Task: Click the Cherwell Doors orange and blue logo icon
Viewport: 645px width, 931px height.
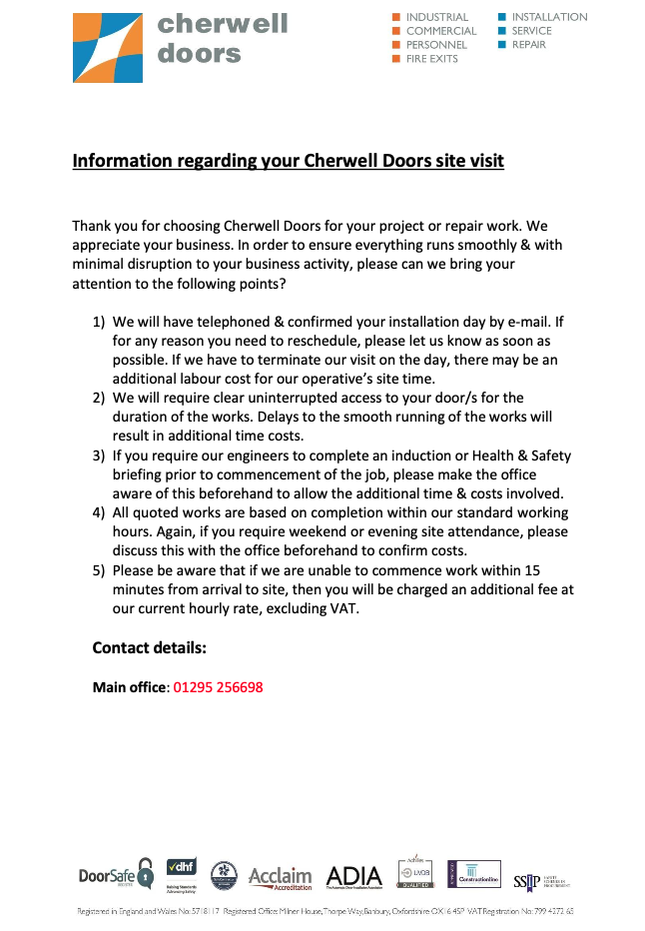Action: (107, 47)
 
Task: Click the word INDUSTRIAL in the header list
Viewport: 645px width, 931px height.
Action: (437, 17)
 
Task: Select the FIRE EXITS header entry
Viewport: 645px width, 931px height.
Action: (431, 59)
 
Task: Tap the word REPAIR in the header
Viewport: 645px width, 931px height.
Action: (528, 45)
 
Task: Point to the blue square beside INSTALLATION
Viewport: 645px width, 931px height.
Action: (502, 17)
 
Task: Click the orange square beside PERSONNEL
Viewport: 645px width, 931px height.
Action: (396, 45)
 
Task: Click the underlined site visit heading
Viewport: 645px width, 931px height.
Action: (288, 161)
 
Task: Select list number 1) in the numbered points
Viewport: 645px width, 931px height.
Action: (99, 323)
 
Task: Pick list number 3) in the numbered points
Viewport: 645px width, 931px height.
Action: (99, 456)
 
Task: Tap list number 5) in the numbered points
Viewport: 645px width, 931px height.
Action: (99, 570)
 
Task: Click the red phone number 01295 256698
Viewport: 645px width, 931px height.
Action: (218, 687)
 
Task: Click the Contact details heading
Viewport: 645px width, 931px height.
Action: (149, 647)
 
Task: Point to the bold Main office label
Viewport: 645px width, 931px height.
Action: (129, 687)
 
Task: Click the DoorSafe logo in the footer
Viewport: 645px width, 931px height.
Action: (116, 876)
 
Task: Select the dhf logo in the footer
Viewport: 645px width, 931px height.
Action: (181, 872)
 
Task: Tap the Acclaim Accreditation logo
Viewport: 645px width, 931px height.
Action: (280, 877)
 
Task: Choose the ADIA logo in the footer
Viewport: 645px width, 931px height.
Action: (353, 877)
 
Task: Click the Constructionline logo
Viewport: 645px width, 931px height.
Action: (473, 874)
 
